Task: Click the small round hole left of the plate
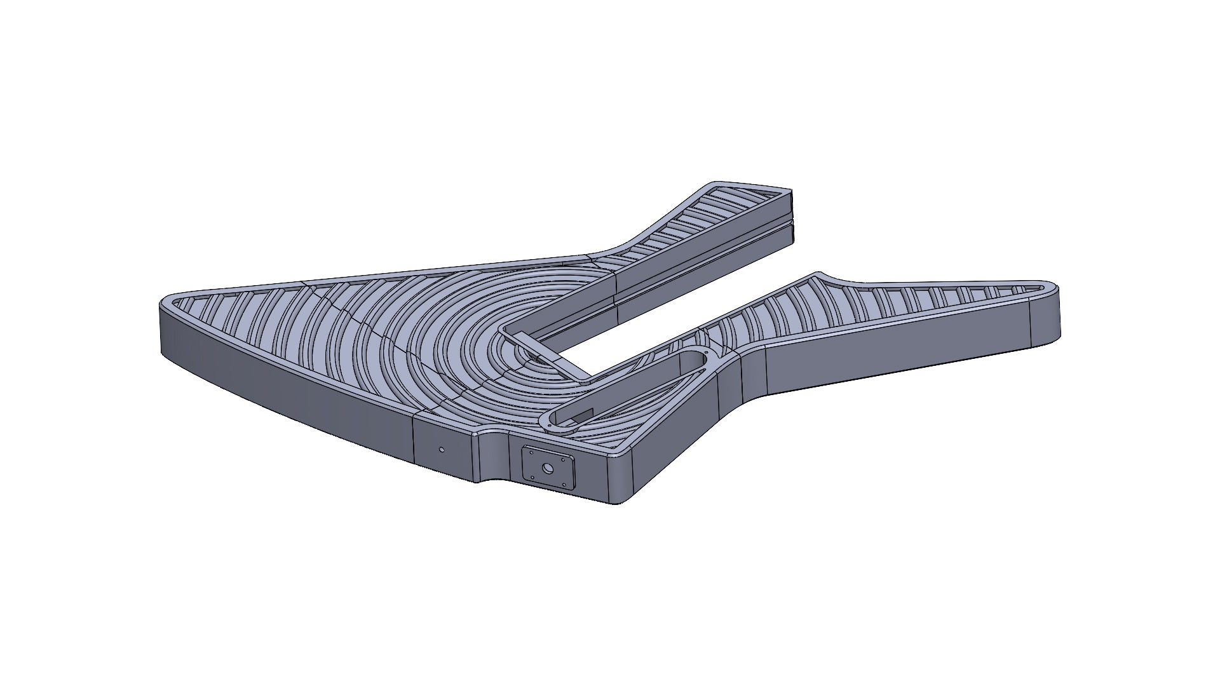[x=442, y=450]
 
